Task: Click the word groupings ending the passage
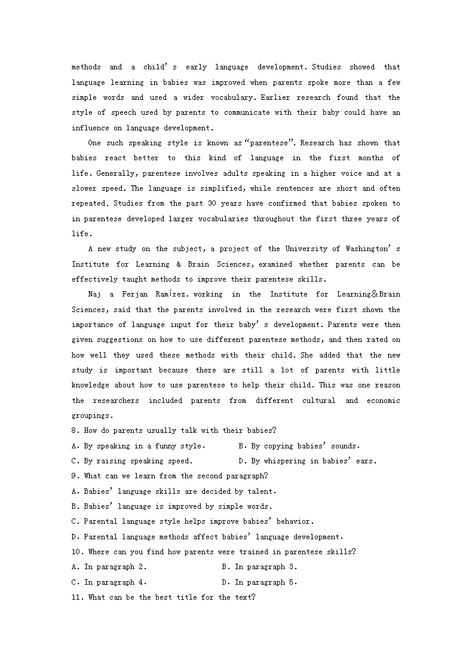tap(90, 416)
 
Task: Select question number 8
tap(74, 430)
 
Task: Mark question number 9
tap(74, 476)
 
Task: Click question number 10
tap(76, 552)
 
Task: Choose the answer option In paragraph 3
tap(265, 567)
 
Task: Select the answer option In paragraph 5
tap(265, 582)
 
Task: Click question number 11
tap(76, 597)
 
